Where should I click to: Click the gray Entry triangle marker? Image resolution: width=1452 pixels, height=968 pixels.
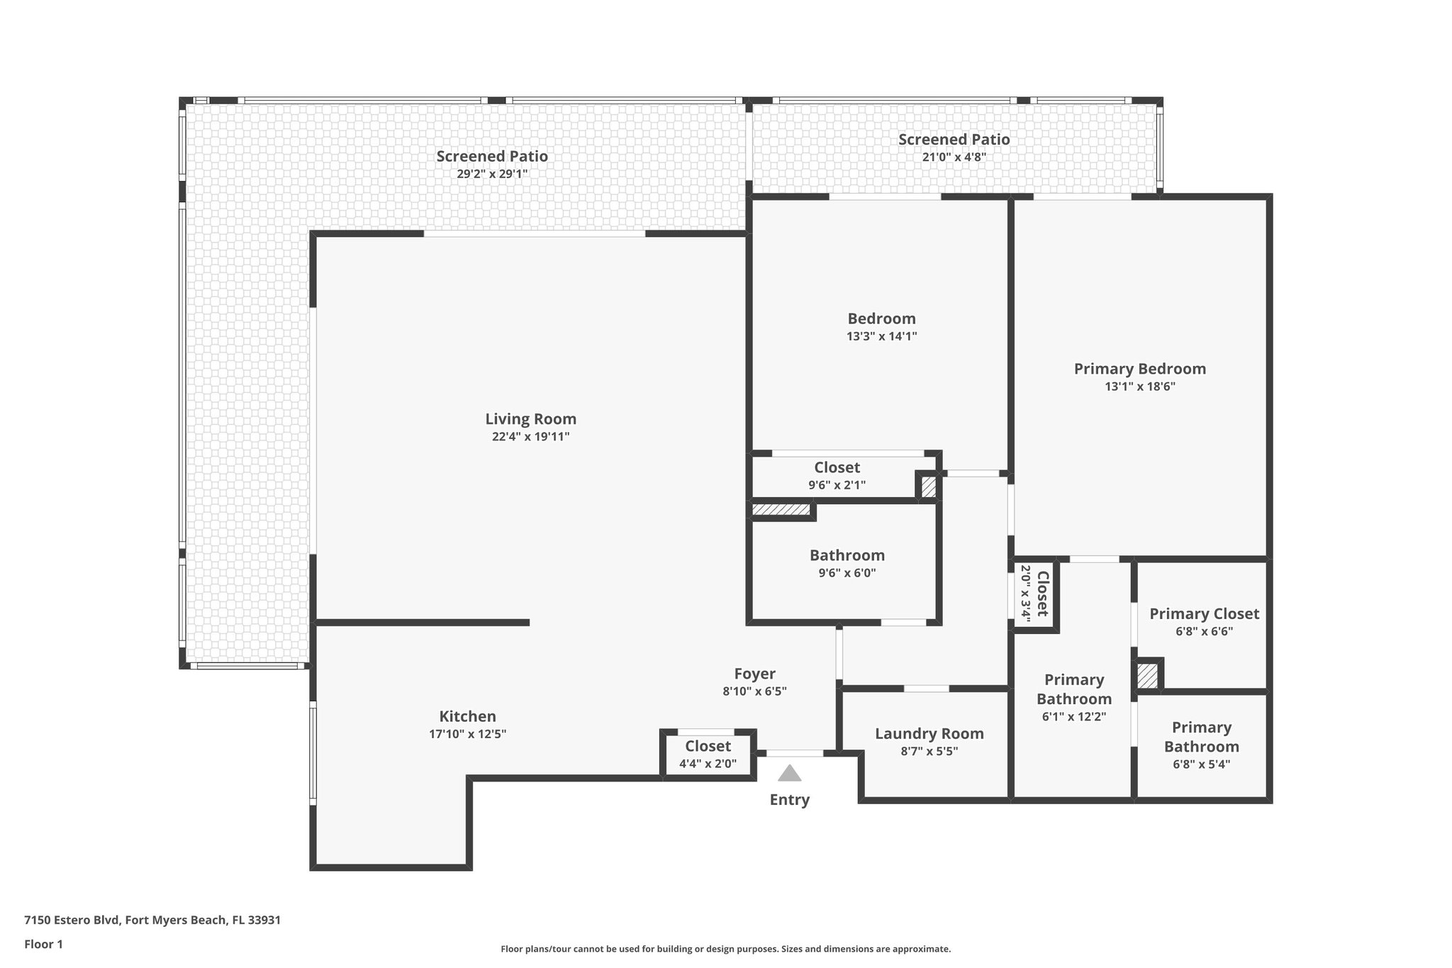(x=789, y=773)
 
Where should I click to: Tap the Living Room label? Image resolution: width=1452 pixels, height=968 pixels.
(x=530, y=419)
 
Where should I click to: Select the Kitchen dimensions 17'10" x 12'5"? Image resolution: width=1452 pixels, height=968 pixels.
(x=467, y=734)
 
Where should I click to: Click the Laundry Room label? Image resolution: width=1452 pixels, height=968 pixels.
(x=929, y=734)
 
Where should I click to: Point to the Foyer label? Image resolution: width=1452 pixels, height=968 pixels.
(x=754, y=674)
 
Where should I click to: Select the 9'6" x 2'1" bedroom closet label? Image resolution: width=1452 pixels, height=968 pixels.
(x=837, y=485)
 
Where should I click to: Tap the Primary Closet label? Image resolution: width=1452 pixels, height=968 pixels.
(x=1204, y=613)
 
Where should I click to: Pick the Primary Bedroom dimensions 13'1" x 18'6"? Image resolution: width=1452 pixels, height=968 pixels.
(x=1139, y=386)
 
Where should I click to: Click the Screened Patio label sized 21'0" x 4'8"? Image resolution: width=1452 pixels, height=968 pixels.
(x=954, y=140)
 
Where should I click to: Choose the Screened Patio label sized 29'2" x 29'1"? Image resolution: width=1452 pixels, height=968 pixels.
(x=492, y=156)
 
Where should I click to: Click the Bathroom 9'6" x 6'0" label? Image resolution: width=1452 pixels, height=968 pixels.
(x=847, y=555)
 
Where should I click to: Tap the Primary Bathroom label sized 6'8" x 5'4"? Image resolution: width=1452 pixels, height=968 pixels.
(x=1201, y=737)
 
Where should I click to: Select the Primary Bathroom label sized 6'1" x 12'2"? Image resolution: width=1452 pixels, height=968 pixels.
(x=1073, y=689)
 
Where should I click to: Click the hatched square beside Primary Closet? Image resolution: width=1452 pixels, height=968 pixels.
(x=1147, y=675)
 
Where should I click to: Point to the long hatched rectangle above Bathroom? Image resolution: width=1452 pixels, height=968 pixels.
(x=781, y=509)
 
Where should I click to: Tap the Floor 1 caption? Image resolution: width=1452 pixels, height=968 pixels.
(x=43, y=944)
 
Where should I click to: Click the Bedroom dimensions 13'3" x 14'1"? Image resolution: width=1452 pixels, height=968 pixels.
(x=881, y=336)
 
